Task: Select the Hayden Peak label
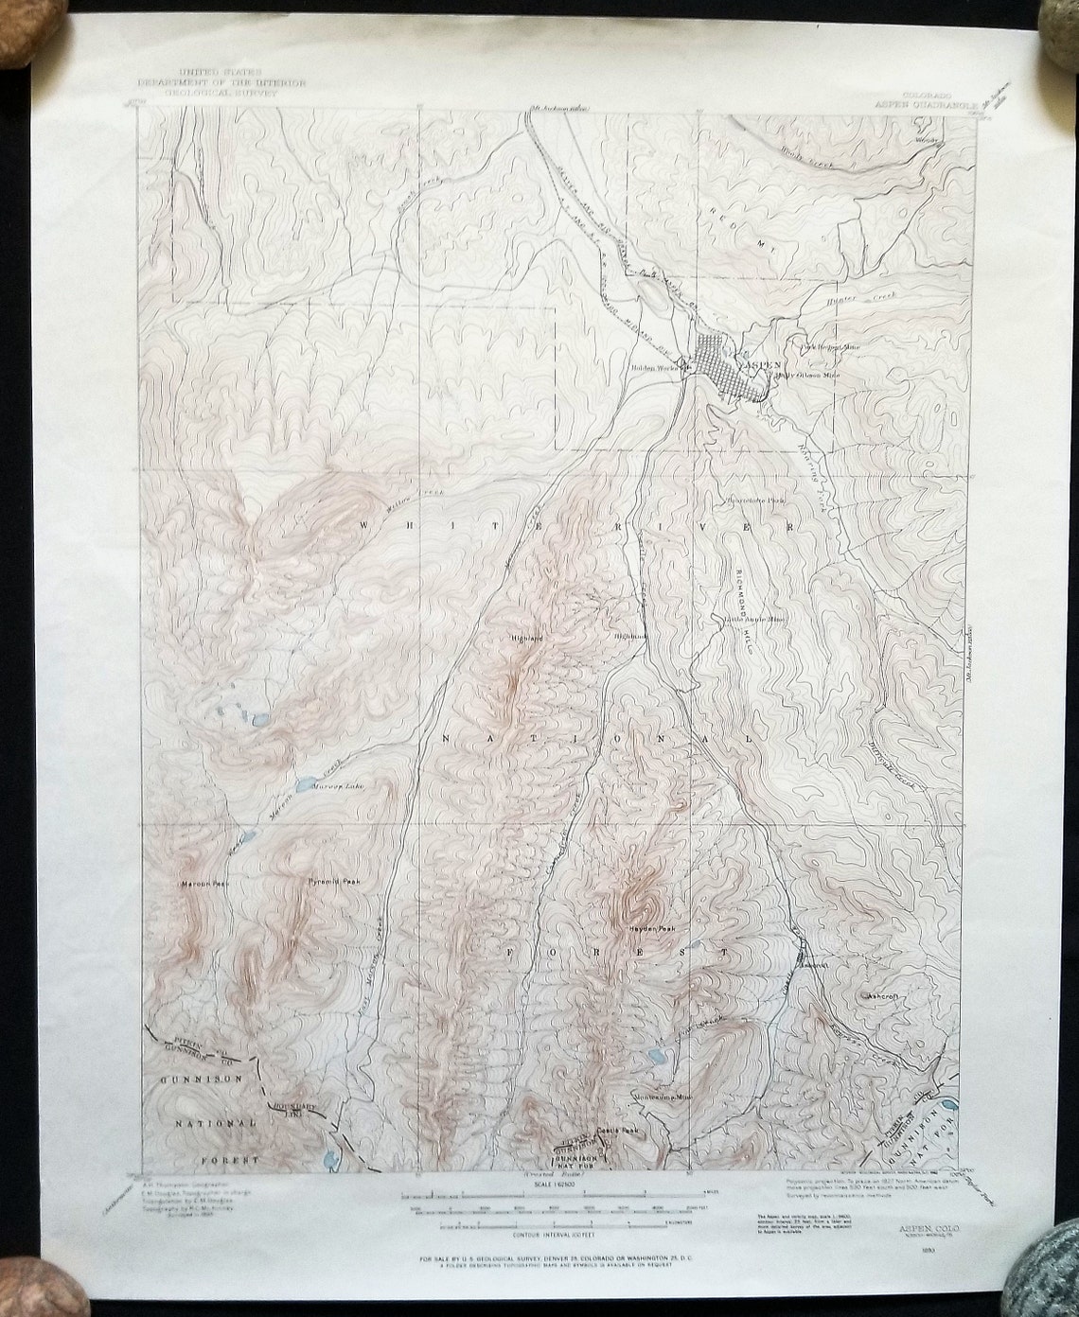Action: click(650, 928)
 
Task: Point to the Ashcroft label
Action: click(886, 996)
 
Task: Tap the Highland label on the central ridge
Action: click(527, 639)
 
